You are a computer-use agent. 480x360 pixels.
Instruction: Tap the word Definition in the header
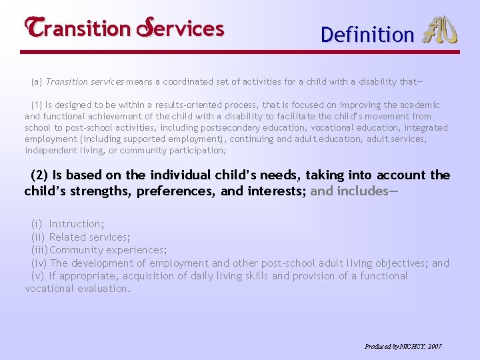367,35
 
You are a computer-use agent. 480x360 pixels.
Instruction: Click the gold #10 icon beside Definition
441,31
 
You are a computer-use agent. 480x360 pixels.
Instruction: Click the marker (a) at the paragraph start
37,83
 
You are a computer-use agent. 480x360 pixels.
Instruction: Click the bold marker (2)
40,175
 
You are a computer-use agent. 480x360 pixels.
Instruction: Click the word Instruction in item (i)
76,225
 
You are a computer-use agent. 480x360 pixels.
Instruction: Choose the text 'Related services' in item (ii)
89,237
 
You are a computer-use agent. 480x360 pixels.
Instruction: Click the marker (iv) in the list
39,263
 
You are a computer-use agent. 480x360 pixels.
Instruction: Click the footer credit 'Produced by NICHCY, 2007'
403,347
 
